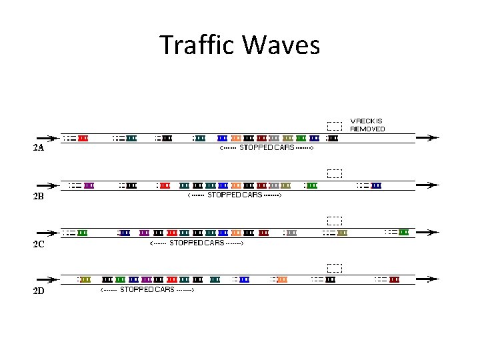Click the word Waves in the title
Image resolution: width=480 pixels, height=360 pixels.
(x=281, y=45)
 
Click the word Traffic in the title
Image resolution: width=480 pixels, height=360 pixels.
(x=198, y=45)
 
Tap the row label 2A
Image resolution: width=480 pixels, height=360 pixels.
(x=39, y=148)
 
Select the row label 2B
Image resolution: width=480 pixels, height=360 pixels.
(x=39, y=196)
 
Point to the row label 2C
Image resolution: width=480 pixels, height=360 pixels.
(x=39, y=244)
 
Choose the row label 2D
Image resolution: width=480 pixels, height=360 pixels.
(x=39, y=291)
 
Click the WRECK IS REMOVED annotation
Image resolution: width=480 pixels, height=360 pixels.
(x=367, y=125)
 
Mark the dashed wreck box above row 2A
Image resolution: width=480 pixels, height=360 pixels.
(x=335, y=125)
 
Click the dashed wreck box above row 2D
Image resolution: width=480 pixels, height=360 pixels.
(x=335, y=268)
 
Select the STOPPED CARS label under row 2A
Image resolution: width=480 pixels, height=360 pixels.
(x=267, y=147)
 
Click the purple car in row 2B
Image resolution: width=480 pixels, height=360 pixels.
(x=89, y=185)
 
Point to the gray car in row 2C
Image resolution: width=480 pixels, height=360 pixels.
(x=291, y=233)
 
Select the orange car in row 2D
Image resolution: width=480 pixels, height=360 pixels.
(x=282, y=279)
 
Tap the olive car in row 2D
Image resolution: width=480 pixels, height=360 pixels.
(x=85, y=279)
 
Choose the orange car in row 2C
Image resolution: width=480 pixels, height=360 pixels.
(x=236, y=233)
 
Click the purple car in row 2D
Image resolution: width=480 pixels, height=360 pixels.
(x=147, y=279)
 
